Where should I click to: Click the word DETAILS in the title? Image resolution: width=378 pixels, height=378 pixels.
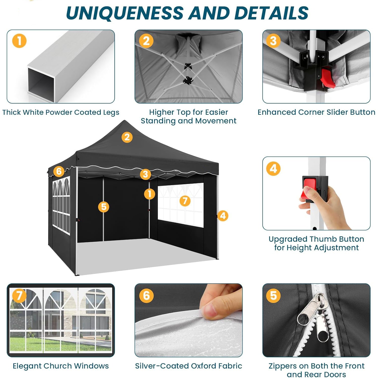(x=271, y=13)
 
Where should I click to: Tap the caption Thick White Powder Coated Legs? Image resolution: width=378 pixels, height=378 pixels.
(x=61, y=112)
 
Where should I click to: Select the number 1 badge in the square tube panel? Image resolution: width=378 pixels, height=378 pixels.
(x=19, y=41)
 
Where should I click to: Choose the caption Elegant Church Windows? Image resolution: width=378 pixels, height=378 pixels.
(x=61, y=366)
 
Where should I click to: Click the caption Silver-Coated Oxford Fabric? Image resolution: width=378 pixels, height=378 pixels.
(x=188, y=366)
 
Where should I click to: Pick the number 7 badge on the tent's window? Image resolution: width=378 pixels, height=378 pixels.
(x=185, y=201)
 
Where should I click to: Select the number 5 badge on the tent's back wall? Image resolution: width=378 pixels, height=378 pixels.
(x=104, y=207)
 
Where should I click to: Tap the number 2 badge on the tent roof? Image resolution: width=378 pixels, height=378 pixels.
(x=127, y=137)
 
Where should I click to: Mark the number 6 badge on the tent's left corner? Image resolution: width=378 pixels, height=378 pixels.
(x=59, y=171)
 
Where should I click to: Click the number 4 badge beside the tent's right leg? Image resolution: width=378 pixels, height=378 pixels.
(x=223, y=216)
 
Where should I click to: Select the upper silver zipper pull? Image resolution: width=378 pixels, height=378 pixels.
(x=310, y=310)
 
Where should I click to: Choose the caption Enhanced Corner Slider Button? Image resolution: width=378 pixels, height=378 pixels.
(x=316, y=112)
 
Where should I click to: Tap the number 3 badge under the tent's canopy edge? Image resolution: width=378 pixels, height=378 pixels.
(x=145, y=174)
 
